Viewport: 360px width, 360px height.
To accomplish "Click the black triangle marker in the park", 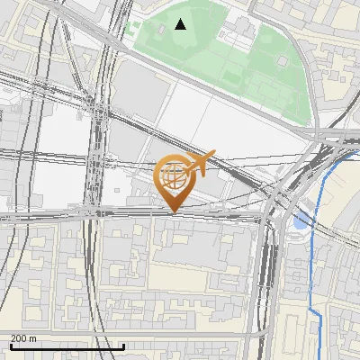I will [x=181, y=24].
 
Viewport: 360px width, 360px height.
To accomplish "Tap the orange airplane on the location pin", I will [x=201, y=163].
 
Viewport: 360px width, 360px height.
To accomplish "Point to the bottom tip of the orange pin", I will [x=174, y=211].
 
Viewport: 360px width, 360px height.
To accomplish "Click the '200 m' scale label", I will [x=23, y=338].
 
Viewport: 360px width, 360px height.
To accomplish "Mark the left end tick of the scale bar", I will [x=10, y=346].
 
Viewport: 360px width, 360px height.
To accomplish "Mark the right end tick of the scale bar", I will [x=124, y=346].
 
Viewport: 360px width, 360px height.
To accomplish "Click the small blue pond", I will [x=300, y=220].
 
